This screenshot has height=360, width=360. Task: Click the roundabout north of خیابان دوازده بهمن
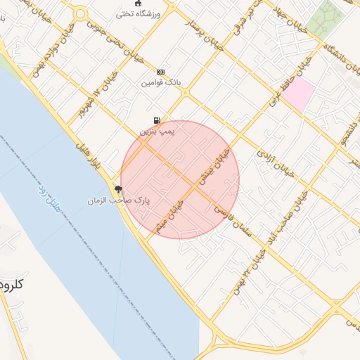(79, 13)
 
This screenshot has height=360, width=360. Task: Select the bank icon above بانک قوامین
(161, 72)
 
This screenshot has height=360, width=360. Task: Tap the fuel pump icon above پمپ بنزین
(156, 120)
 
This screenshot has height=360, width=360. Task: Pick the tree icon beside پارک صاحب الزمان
(117, 188)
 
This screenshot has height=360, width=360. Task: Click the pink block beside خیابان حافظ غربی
(298, 94)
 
